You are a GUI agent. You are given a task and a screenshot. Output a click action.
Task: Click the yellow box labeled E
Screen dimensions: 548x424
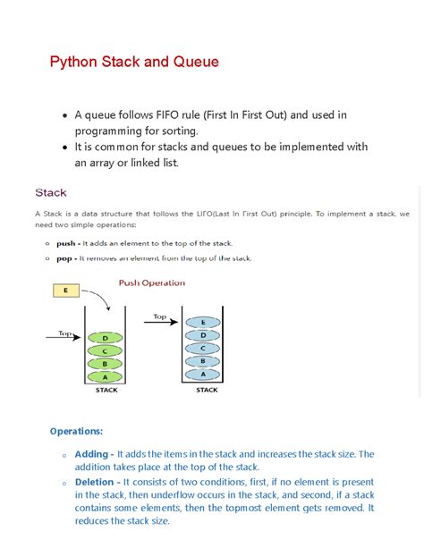[x=66, y=290]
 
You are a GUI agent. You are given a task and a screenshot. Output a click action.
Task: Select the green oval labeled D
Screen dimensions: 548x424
[x=106, y=337]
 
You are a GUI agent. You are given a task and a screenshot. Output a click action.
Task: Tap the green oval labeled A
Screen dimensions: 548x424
[x=106, y=376]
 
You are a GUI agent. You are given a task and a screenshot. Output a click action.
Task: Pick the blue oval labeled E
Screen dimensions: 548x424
[x=205, y=322]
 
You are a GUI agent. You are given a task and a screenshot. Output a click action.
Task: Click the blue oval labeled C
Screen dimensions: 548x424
[x=205, y=348]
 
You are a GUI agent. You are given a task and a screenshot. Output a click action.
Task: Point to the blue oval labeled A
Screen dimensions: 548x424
[x=205, y=375]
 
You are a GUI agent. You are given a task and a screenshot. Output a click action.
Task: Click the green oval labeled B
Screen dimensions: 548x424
[x=106, y=363]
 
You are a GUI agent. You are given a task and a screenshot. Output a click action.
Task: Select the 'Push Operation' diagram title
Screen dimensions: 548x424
[x=152, y=282]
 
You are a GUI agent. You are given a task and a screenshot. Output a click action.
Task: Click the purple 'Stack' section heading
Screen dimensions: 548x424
[x=51, y=192]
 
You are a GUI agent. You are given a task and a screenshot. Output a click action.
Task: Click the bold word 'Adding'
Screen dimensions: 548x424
[x=93, y=454]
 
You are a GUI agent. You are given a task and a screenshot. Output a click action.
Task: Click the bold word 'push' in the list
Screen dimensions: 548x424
[x=67, y=243]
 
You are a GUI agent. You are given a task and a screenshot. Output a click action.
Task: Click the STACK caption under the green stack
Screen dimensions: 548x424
[x=106, y=390]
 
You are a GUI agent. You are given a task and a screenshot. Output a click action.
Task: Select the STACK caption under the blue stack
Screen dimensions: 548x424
[x=206, y=390]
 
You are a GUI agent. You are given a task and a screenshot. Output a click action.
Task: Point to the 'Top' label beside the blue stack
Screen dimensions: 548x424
[x=160, y=316]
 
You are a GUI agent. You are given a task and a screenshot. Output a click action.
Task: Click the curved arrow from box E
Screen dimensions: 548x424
[x=98, y=296]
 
